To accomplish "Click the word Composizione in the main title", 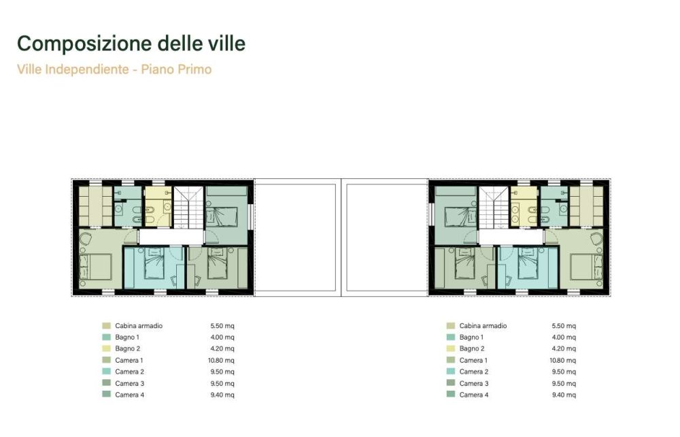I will pyautogui.click(x=75, y=44).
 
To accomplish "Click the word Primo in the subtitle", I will pyautogui.click(x=195, y=69).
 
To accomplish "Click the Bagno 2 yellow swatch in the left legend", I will pyautogui.click(x=106, y=349).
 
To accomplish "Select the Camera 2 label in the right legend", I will pyautogui.click(x=473, y=372).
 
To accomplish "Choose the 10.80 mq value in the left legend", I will pyautogui.click(x=222, y=360).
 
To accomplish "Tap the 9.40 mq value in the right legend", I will pyautogui.click(x=564, y=395).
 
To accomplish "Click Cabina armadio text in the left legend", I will pyautogui.click(x=139, y=325).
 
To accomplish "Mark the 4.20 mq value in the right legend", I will pyautogui.click(x=564, y=349).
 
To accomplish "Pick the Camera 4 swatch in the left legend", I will pyautogui.click(x=106, y=395).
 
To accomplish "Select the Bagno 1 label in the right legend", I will pyautogui.click(x=471, y=337).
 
